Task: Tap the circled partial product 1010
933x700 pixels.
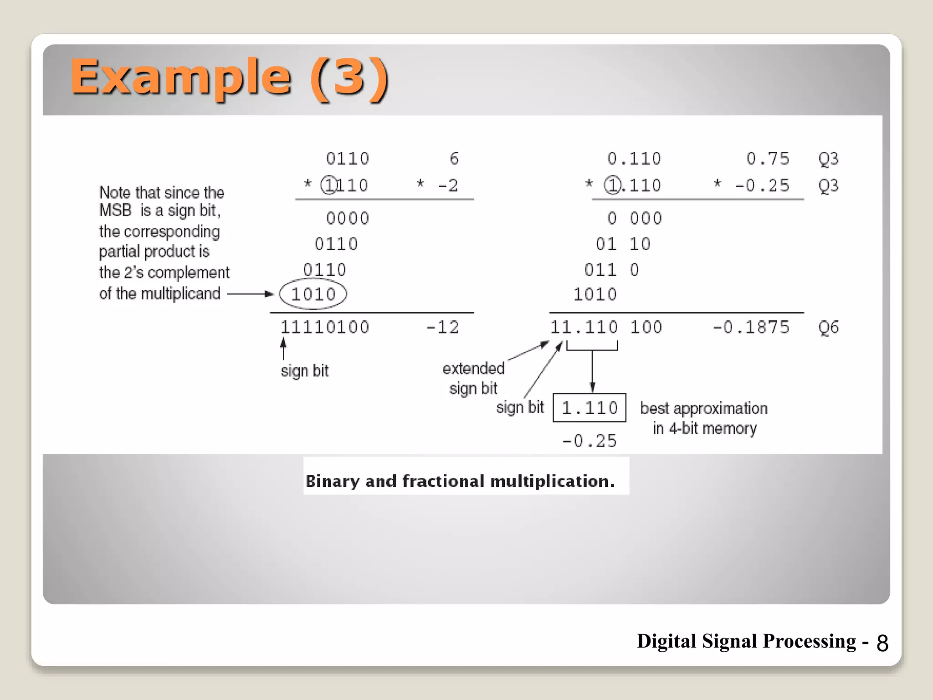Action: pyautogui.click(x=313, y=294)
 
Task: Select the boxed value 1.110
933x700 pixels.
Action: pyautogui.click(x=589, y=408)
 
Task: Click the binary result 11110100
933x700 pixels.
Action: pyautogui.click(x=324, y=327)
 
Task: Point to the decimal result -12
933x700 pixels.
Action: pyautogui.click(x=442, y=327)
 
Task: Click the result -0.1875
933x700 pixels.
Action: pyautogui.click(x=751, y=327)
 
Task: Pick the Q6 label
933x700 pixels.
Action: pyautogui.click(x=828, y=327)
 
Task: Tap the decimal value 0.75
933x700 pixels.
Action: pyautogui.click(x=768, y=159)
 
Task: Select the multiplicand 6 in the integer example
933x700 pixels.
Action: pyautogui.click(x=454, y=159)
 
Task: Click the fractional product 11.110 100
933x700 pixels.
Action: pyautogui.click(x=606, y=327)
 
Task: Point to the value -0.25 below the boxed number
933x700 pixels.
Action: pyautogui.click(x=589, y=441)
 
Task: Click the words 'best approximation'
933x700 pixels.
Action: pyautogui.click(x=704, y=408)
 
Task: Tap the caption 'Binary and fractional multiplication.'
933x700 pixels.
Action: pyautogui.click(x=460, y=481)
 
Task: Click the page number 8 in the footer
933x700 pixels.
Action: pyautogui.click(x=882, y=643)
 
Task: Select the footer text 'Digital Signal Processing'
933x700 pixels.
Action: pyautogui.click(x=746, y=641)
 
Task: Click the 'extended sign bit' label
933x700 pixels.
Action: pyautogui.click(x=474, y=378)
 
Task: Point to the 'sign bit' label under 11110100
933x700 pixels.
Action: pyautogui.click(x=304, y=371)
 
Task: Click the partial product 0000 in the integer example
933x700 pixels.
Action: pyautogui.click(x=348, y=218)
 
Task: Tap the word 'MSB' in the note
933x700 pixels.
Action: pyautogui.click(x=115, y=211)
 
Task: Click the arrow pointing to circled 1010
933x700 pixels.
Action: pyautogui.click(x=250, y=294)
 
